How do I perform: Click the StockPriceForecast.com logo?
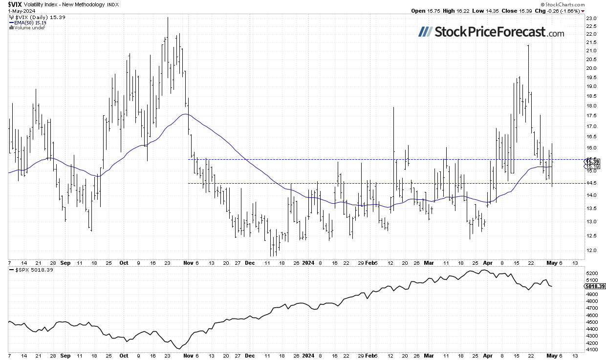(x=491, y=32)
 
